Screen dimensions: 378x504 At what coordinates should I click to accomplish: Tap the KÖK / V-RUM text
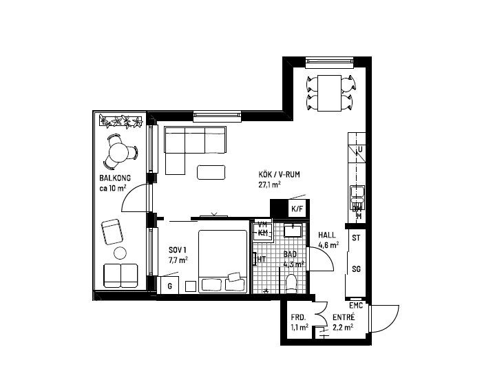[279, 175]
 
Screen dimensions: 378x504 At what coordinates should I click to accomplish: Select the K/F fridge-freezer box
[297, 209]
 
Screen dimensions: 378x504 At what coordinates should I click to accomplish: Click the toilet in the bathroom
[291, 282]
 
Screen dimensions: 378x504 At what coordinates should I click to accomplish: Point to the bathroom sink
[293, 230]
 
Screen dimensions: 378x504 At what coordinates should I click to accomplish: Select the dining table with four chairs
[330, 93]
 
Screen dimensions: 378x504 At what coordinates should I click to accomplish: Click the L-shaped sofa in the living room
[189, 145]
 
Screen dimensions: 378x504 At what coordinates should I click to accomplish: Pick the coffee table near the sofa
[210, 171]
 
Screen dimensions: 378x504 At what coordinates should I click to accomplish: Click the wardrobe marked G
[169, 284]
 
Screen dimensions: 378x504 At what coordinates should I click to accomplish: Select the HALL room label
[327, 235]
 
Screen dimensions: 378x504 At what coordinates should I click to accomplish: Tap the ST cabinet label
[356, 238]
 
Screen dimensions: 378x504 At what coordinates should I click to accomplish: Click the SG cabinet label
[356, 269]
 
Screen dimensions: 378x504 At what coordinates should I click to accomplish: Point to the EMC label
[355, 305]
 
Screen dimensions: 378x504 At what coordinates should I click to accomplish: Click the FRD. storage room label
[297, 317]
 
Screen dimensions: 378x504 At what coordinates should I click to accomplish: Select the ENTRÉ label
[344, 317]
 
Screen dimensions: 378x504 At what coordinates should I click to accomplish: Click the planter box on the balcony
[120, 122]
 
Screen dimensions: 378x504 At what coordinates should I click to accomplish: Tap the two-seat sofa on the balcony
[120, 275]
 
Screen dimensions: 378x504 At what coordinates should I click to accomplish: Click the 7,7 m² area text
[178, 260]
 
